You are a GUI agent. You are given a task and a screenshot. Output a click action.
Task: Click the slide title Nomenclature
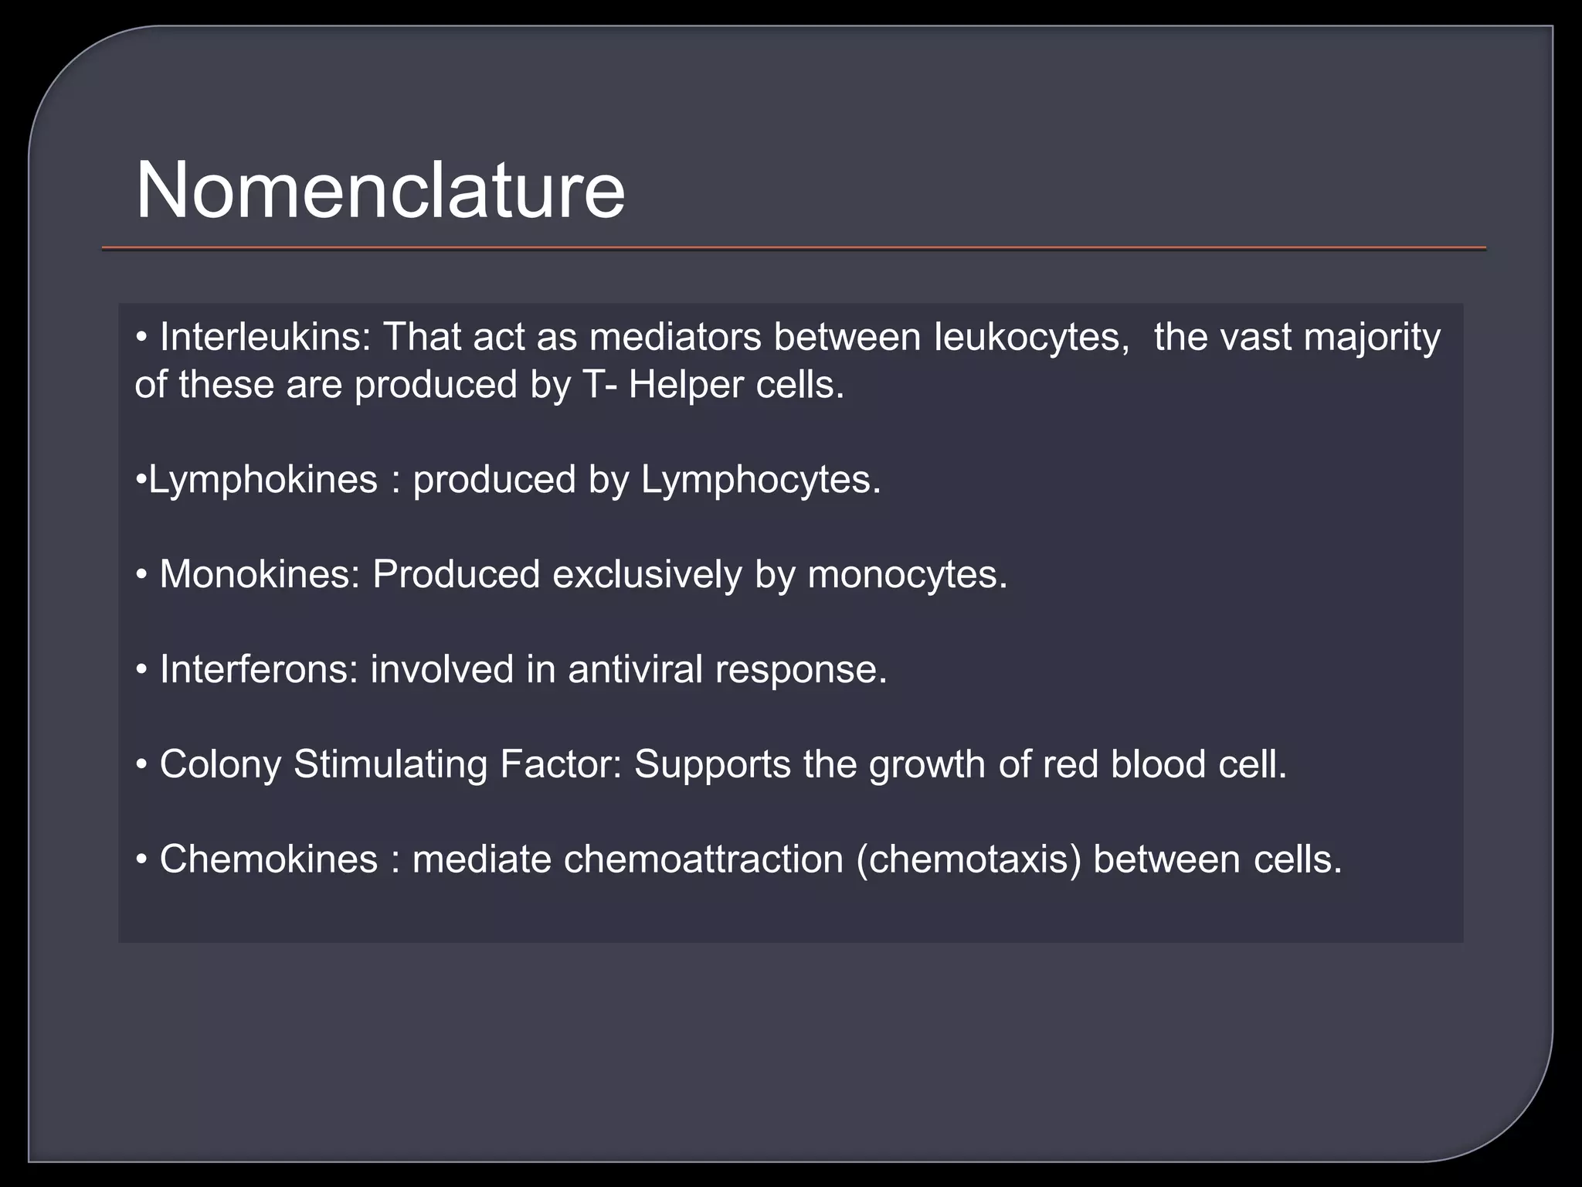pos(380,191)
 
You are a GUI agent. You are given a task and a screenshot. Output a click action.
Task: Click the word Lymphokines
pos(263,481)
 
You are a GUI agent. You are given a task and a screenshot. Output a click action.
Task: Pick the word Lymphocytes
pos(760,481)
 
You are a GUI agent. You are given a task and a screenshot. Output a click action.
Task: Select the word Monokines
pos(260,575)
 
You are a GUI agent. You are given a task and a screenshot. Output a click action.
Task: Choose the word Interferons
pos(259,669)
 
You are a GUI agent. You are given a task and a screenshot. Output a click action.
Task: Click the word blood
pos(1158,764)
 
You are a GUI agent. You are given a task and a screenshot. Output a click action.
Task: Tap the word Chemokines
pos(268,859)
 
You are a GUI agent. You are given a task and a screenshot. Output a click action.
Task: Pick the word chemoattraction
pos(703,859)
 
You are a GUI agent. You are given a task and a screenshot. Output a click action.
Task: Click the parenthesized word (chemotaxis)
pos(969,860)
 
